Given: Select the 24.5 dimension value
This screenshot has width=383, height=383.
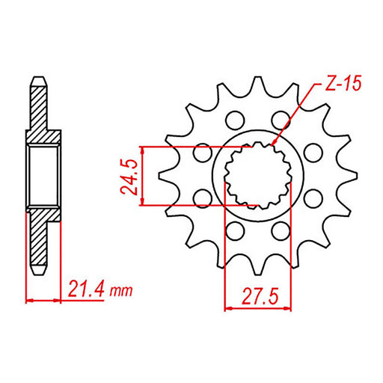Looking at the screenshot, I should click(x=129, y=174).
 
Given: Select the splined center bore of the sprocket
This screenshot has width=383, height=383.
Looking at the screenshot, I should click(x=257, y=174).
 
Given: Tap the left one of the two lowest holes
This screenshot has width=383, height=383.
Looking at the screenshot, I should click(x=233, y=230).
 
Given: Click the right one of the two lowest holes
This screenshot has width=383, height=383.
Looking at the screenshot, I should click(x=281, y=230).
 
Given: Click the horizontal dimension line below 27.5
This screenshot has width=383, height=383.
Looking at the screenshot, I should click(x=257, y=306).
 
